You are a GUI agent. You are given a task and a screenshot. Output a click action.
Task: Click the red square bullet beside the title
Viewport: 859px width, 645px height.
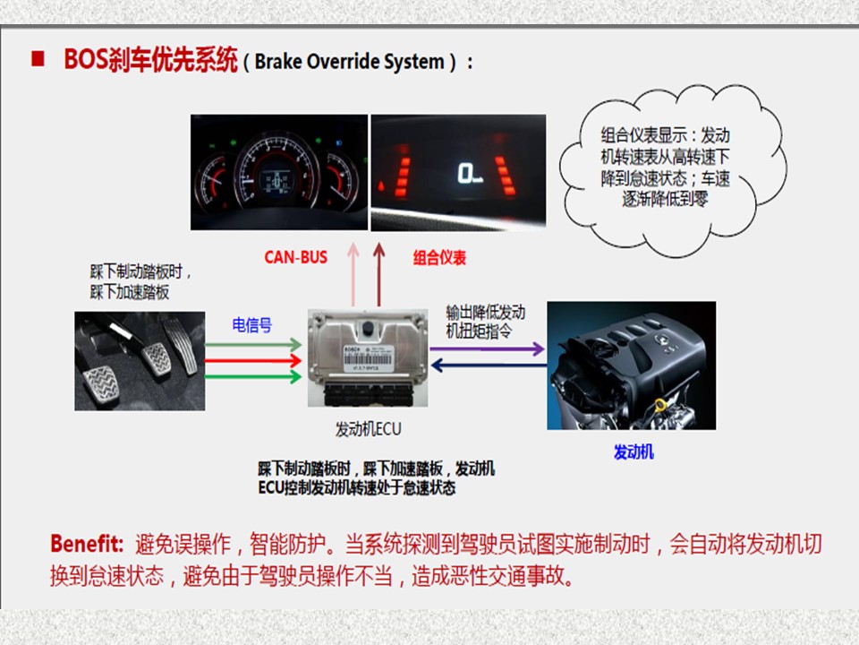click(x=38, y=59)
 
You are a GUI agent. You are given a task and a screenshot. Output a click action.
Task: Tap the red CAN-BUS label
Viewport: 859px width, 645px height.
click(x=296, y=257)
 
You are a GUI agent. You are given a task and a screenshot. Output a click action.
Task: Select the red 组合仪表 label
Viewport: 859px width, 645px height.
click(x=439, y=258)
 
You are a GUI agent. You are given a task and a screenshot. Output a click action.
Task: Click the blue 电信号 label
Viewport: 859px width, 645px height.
click(x=252, y=325)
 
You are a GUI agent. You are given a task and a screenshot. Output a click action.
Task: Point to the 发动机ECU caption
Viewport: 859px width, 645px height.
click(x=368, y=429)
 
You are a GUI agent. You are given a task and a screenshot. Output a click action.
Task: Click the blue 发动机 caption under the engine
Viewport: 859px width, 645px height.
click(x=634, y=451)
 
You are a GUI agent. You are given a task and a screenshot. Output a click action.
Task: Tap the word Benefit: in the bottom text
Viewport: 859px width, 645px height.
click(x=87, y=544)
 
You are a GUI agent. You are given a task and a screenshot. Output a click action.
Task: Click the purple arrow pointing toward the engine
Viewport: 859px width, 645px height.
click(x=488, y=348)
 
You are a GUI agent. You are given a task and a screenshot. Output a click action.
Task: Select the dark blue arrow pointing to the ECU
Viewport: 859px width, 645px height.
click(x=489, y=365)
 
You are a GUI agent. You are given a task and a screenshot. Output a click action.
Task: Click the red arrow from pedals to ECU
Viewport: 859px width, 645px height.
click(x=253, y=360)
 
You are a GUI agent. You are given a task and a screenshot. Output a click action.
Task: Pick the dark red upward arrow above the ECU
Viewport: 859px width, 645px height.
click(x=378, y=275)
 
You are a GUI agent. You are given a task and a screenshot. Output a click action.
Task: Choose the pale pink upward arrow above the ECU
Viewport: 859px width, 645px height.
click(x=354, y=275)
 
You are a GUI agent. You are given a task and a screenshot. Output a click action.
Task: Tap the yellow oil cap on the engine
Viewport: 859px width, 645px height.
click(x=661, y=406)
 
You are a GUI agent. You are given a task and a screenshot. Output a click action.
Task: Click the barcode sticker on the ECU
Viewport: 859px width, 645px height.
click(x=367, y=357)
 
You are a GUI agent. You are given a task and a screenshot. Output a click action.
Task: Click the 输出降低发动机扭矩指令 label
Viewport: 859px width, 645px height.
click(x=485, y=322)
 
